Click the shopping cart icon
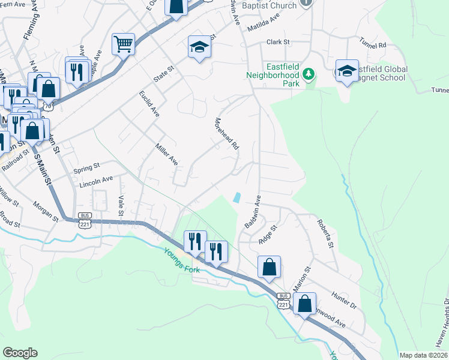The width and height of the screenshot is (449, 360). pyautogui.click(x=123, y=44)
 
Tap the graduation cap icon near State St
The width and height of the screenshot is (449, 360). pyautogui.click(x=199, y=47)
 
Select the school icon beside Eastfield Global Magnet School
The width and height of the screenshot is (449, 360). pyautogui.click(x=347, y=70)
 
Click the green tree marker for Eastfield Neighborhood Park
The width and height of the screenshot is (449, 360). pyautogui.click(x=308, y=74)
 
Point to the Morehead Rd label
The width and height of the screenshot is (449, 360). pyautogui.click(x=227, y=133)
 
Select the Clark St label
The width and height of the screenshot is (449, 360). pyautogui.click(x=278, y=42)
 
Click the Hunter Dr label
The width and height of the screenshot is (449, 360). pyautogui.click(x=345, y=301)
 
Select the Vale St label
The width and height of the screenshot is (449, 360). pyautogui.click(x=121, y=205)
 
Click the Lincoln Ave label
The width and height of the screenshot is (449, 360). pyautogui.click(x=96, y=179)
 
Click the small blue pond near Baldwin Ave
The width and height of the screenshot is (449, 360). pyautogui.click(x=237, y=197)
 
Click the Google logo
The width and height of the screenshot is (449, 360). pyautogui.click(x=20, y=353)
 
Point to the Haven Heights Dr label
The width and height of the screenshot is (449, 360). pyautogui.click(x=444, y=324)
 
